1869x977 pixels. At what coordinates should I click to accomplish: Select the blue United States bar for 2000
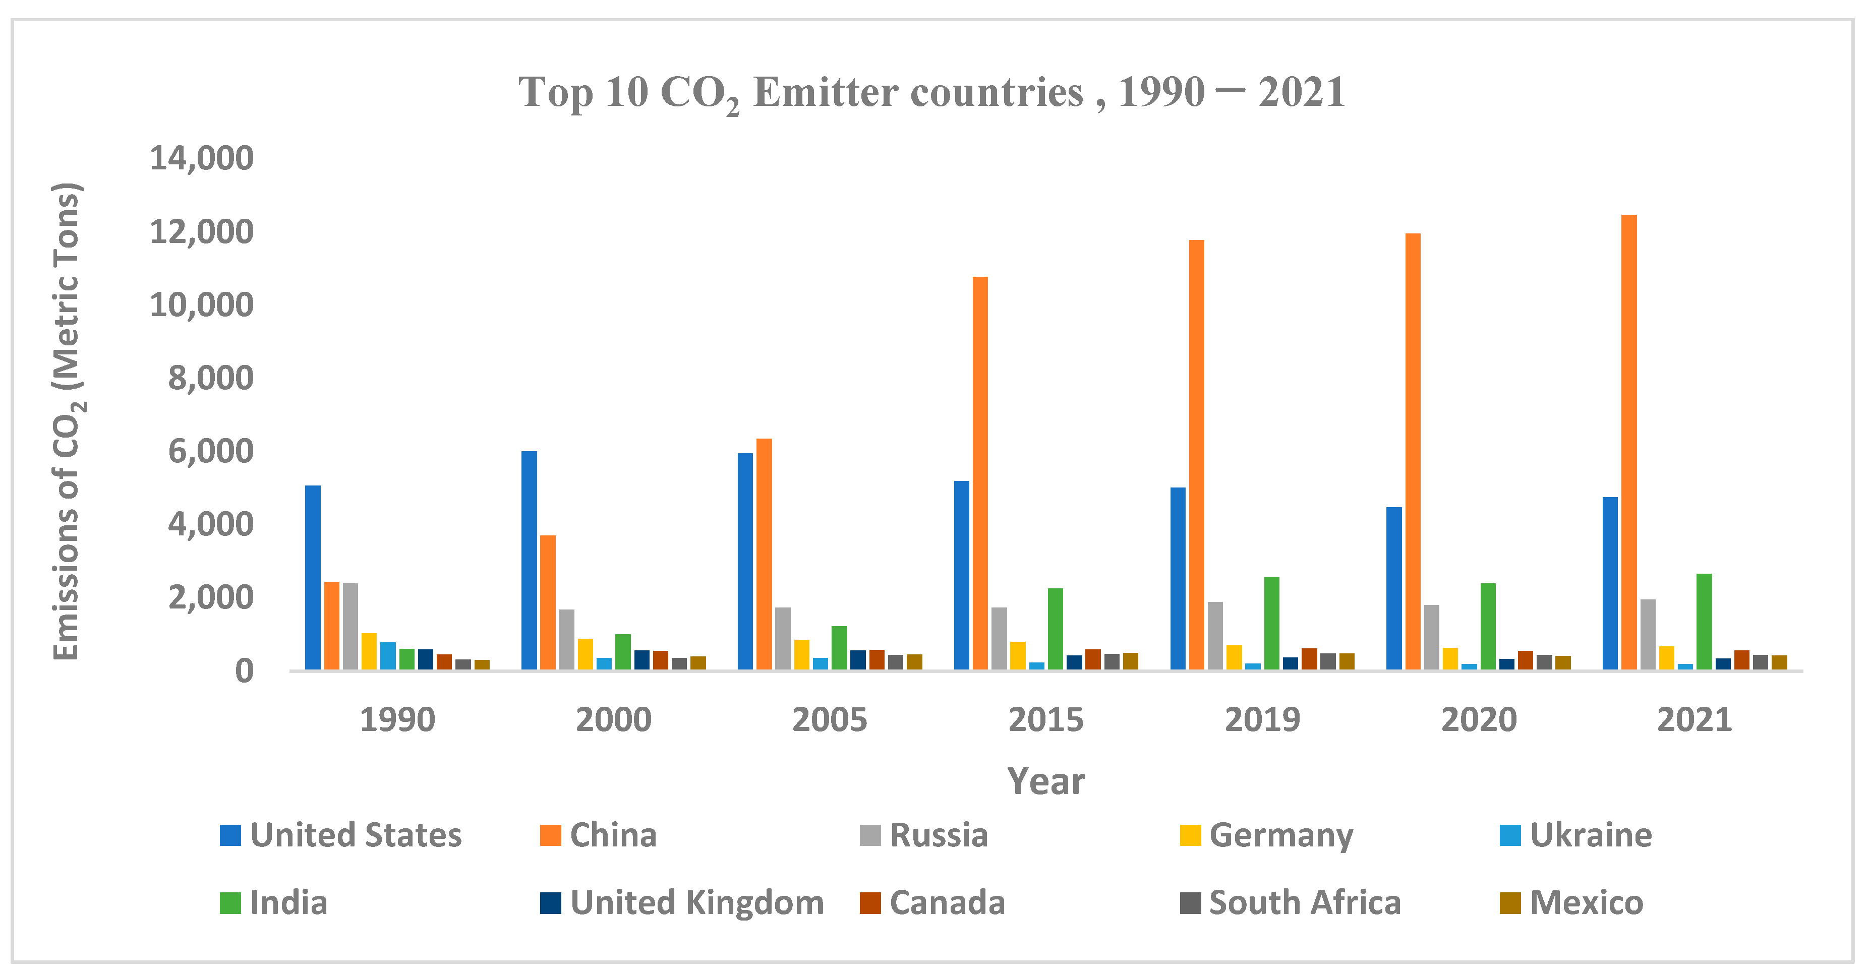point(529,560)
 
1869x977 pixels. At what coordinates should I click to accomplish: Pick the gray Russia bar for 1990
point(351,626)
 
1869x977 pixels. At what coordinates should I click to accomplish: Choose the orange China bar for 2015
point(980,473)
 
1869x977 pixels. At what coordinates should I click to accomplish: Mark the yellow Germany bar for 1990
point(369,651)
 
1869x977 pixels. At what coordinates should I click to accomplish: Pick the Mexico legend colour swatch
point(1510,903)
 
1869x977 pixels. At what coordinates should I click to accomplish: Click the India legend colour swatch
point(230,903)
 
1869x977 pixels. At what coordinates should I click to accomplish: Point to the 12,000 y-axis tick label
point(201,232)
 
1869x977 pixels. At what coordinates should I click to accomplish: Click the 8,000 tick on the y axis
point(210,378)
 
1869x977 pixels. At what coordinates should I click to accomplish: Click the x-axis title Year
point(1045,782)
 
